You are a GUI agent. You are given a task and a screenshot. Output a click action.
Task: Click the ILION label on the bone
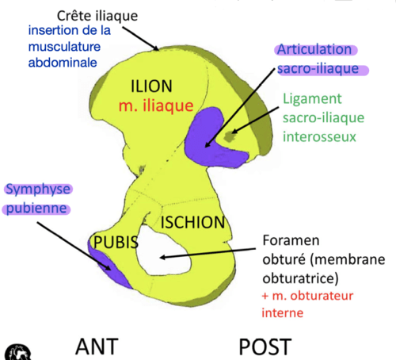(x=151, y=86)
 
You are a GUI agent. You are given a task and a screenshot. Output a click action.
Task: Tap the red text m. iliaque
(x=156, y=105)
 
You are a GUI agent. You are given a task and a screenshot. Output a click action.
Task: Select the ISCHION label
(x=193, y=222)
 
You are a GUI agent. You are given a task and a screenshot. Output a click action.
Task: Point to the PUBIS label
(x=116, y=242)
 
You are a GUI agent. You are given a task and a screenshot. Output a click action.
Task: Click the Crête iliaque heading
(x=97, y=16)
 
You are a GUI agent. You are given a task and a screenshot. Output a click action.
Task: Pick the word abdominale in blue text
(x=63, y=63)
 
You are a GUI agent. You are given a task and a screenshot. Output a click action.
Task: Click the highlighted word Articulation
(x=314, y=50)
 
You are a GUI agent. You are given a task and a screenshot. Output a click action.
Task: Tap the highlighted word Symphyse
(x=38, y=190)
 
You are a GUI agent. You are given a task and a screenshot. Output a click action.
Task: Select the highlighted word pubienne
(x=36, y=209)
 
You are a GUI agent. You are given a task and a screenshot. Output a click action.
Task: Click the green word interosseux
(x=319, y=137)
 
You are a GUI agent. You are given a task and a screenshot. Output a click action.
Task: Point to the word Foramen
(x=291, y=240)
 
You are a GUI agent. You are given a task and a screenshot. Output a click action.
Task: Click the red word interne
(x=283, y=313)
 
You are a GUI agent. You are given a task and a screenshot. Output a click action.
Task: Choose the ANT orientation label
(x=97, y=347)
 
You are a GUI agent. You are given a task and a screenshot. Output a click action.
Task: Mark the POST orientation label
(x=265, y=347)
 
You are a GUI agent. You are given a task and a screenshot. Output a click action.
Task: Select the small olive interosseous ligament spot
(x=230, y=136)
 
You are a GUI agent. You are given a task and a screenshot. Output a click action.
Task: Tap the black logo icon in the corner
(x=18, y=352)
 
